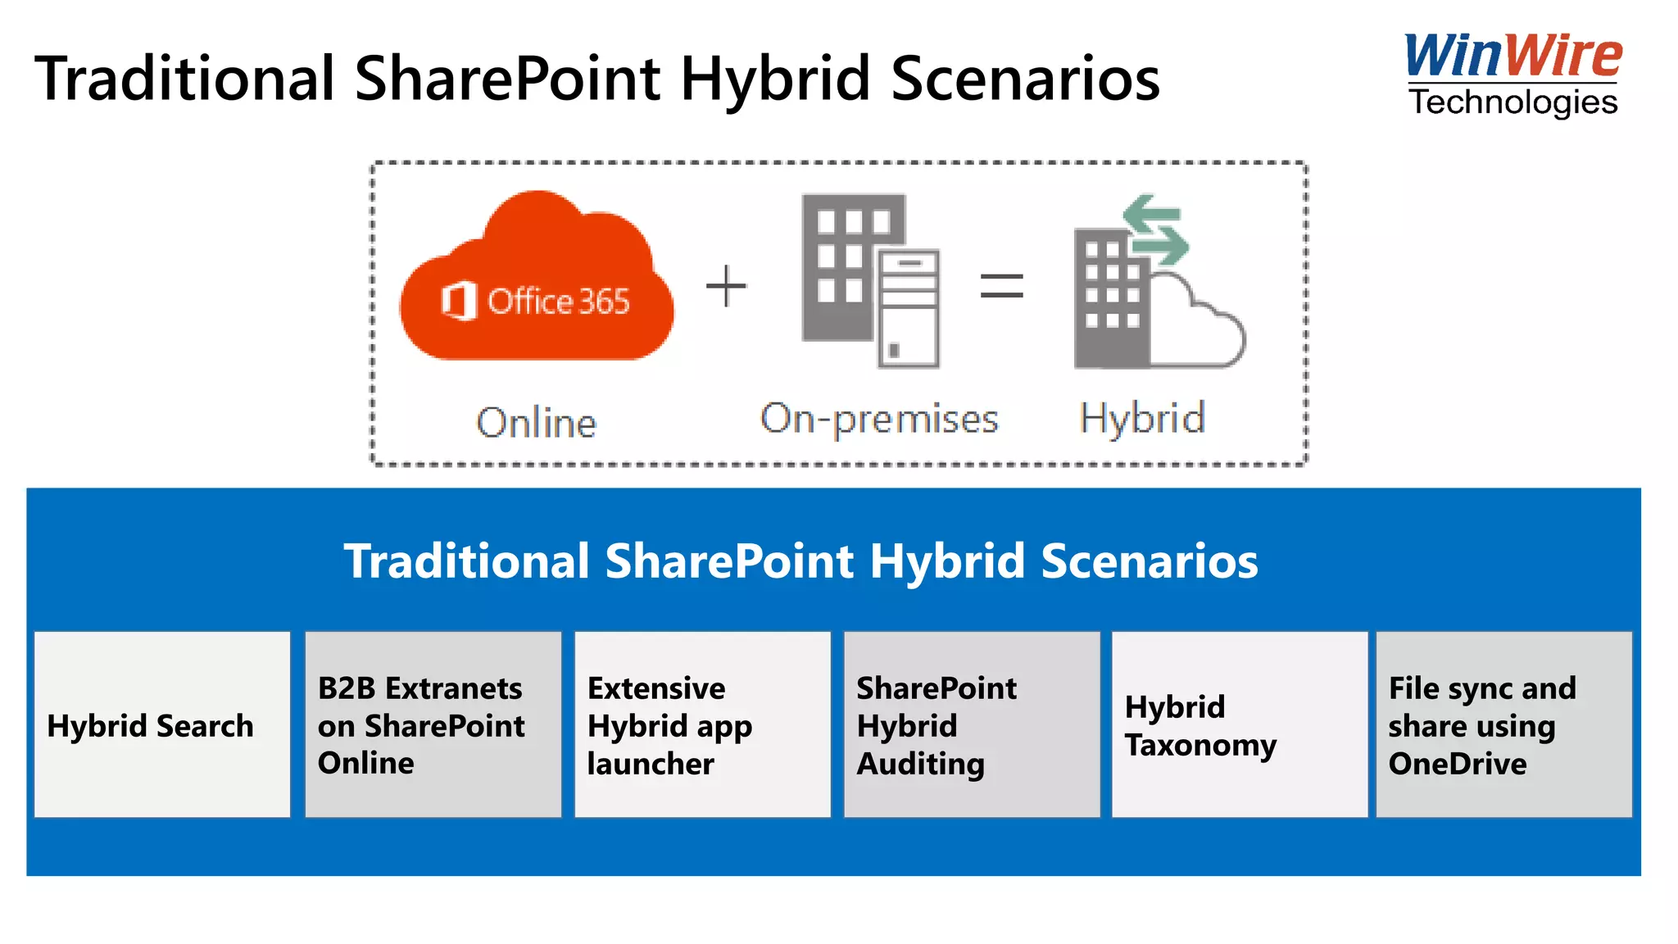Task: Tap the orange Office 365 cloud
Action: [x=537, y=283]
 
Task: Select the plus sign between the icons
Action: [x=726, y=286]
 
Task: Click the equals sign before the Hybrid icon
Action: [x=1001, y=286]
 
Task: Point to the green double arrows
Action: [x=1155, y=229]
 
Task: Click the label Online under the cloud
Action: [x=537, y=423]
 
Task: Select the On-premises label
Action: [x=879, y=419]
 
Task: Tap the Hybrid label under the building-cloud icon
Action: [x=1142, y=418]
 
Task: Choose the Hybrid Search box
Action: [x=162, y=724]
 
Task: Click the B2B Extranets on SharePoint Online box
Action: [x=433, y=724]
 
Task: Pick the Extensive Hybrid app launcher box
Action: [x=702, y=724]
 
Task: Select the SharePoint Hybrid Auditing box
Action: [x=972, y=724]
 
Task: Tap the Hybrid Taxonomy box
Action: [x=1240, y=724]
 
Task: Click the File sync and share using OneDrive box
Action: [x=1503, y=724]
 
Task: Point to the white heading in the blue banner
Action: [x=800, y=561]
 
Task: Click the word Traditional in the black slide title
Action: [x=185, y=79]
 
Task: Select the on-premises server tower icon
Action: [x=909, y=308]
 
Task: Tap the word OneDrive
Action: [x=1458, y=764]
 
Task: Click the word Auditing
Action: [x=920, y=764]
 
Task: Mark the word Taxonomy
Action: [x=1200, y=745]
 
